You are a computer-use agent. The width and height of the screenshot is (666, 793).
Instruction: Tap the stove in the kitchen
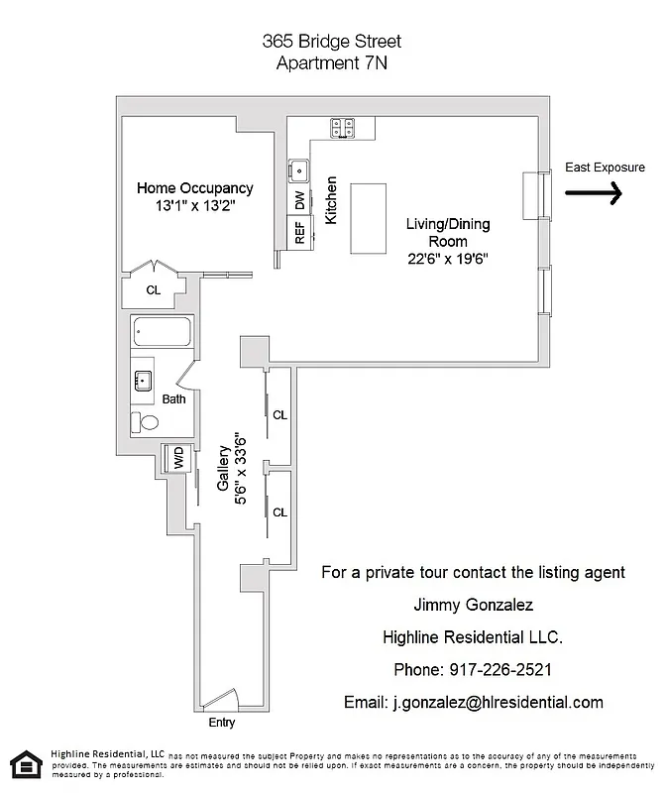[344, 127]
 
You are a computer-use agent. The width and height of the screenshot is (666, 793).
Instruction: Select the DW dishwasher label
[299, 199]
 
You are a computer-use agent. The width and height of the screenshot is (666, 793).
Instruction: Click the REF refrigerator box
[299, 232]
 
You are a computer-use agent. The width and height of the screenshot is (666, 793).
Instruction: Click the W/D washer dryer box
[178, 459]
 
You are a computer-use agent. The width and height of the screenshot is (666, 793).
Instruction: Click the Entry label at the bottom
[222, 722]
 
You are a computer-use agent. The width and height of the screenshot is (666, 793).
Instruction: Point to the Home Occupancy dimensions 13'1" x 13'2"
[194, 206]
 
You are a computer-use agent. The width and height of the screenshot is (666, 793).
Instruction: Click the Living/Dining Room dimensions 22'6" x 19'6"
[446, 259]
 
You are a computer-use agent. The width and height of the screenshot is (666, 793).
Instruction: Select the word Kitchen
[332, 200]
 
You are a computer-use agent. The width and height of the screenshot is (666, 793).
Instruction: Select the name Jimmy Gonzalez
[473, 604]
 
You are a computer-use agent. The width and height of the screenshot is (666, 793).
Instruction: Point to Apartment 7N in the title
[332, 63]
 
